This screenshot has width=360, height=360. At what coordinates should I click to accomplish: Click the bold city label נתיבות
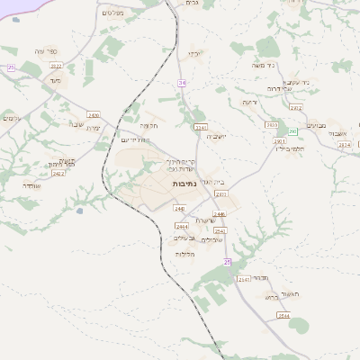(186, 184)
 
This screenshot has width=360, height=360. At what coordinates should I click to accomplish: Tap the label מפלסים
(113, 12)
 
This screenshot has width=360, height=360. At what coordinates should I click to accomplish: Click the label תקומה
(148, 126)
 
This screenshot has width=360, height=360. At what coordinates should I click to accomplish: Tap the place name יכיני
(194, 54)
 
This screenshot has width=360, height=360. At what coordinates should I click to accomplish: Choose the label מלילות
(186, 255)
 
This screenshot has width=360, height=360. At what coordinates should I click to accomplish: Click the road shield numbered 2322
(56, 66)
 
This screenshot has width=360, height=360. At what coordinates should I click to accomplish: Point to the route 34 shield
(182, 83)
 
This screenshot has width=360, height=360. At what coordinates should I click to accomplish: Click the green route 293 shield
(292, 131)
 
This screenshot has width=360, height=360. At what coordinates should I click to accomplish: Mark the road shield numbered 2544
(283, 316)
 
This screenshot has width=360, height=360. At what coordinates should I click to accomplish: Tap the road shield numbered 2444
(181, 226)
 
